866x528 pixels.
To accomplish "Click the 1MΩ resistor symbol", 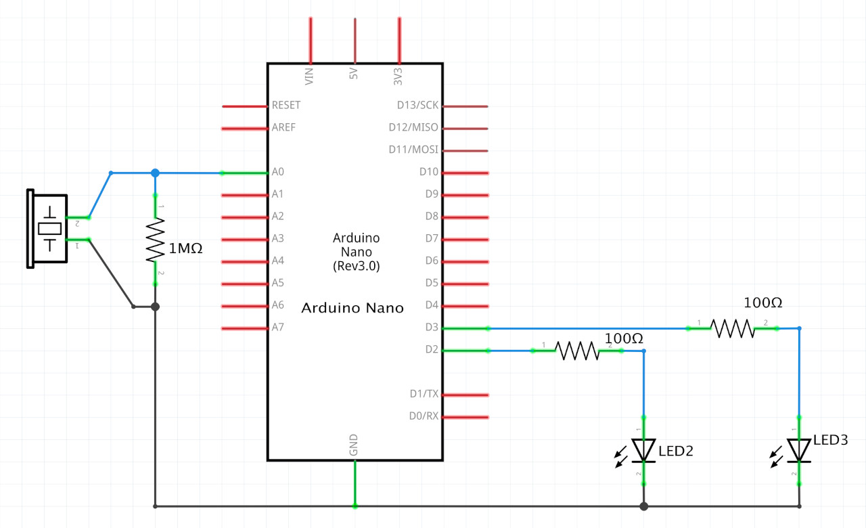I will pyautogui.click(x=155, y=240).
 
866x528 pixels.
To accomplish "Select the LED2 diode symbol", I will pyautogui.click(x=643, y=450).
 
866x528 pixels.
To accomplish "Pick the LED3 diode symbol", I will pyautogui.click(x=799, y=449).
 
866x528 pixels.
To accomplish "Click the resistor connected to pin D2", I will pyautogui.click(x=577, y=351).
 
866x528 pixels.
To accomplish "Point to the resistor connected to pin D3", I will pyautogui.click(x=732, y=328).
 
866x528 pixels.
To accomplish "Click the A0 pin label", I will pyautogui.click(x=277, y=172).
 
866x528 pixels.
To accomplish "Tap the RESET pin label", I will pyautogui.click(x=286, y=106).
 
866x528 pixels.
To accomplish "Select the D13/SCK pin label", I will pyautogui.click(x=417, y=106).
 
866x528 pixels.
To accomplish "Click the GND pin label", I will pyautogui.click(x=354, y=445).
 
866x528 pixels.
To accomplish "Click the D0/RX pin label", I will pyautogui.click(x=424, y=416).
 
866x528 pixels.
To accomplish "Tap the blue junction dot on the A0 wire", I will pyautogui.click(x=155, y=173).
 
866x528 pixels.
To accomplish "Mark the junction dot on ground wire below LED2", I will pyautogui.click(x=643, y=506).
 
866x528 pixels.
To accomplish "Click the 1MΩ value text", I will pyautogui.click(x=185, y=248).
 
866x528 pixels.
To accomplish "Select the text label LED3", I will pyautogui.click(x=830, y=440).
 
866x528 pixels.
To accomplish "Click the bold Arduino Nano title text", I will pyautogui.click(x=352, y=308).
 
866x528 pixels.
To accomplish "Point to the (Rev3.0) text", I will pyautogui.click(x=357, y=266).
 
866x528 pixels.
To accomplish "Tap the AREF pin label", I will pyautogui.click(x=283, y=127).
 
